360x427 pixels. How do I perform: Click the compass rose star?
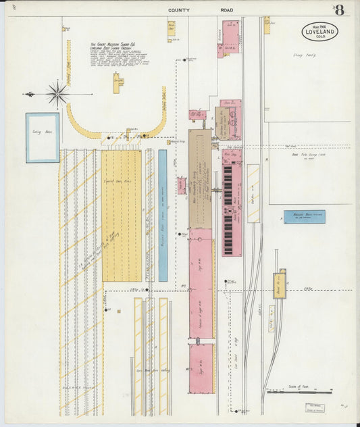coord(57,94)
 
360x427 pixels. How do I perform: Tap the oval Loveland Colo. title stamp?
coord(319,32)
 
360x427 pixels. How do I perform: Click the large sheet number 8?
coord(338,10)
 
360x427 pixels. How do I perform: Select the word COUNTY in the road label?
coord(179,10)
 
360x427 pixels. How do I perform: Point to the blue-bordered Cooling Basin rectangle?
coord(43,138)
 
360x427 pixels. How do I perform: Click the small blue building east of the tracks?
coord(304,217)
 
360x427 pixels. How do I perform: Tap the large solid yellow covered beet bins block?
coord(122,216)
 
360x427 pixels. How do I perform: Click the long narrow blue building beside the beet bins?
coord(163,216)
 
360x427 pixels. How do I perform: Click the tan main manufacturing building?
coord(200,178)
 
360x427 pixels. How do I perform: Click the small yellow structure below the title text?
coord(118,83)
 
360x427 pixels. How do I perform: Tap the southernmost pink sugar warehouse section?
coord(201,368)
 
